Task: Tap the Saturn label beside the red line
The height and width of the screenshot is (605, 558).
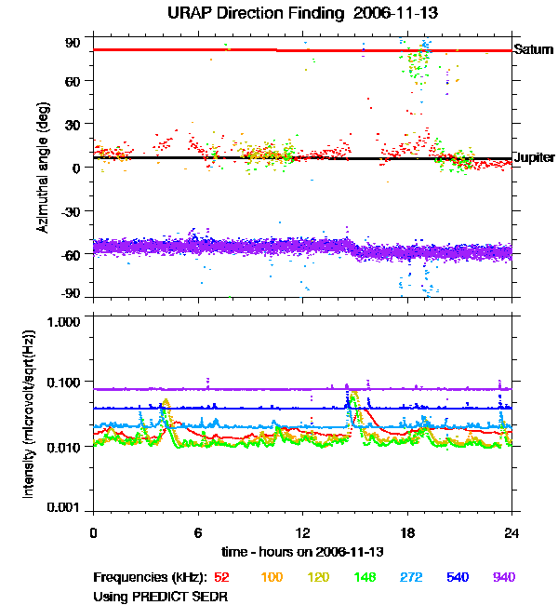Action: click(534, 49)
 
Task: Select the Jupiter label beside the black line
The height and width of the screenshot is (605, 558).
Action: click(535, 158)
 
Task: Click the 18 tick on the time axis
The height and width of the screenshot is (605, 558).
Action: click(407, 531)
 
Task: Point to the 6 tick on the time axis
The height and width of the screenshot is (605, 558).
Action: click(198, 531)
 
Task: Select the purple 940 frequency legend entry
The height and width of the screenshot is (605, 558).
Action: click(503, 577)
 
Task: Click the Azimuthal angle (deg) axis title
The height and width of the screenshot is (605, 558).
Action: click(43, 167)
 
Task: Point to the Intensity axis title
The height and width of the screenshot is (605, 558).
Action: click(29, 415)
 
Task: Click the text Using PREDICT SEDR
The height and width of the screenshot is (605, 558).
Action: click(160, 595)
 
